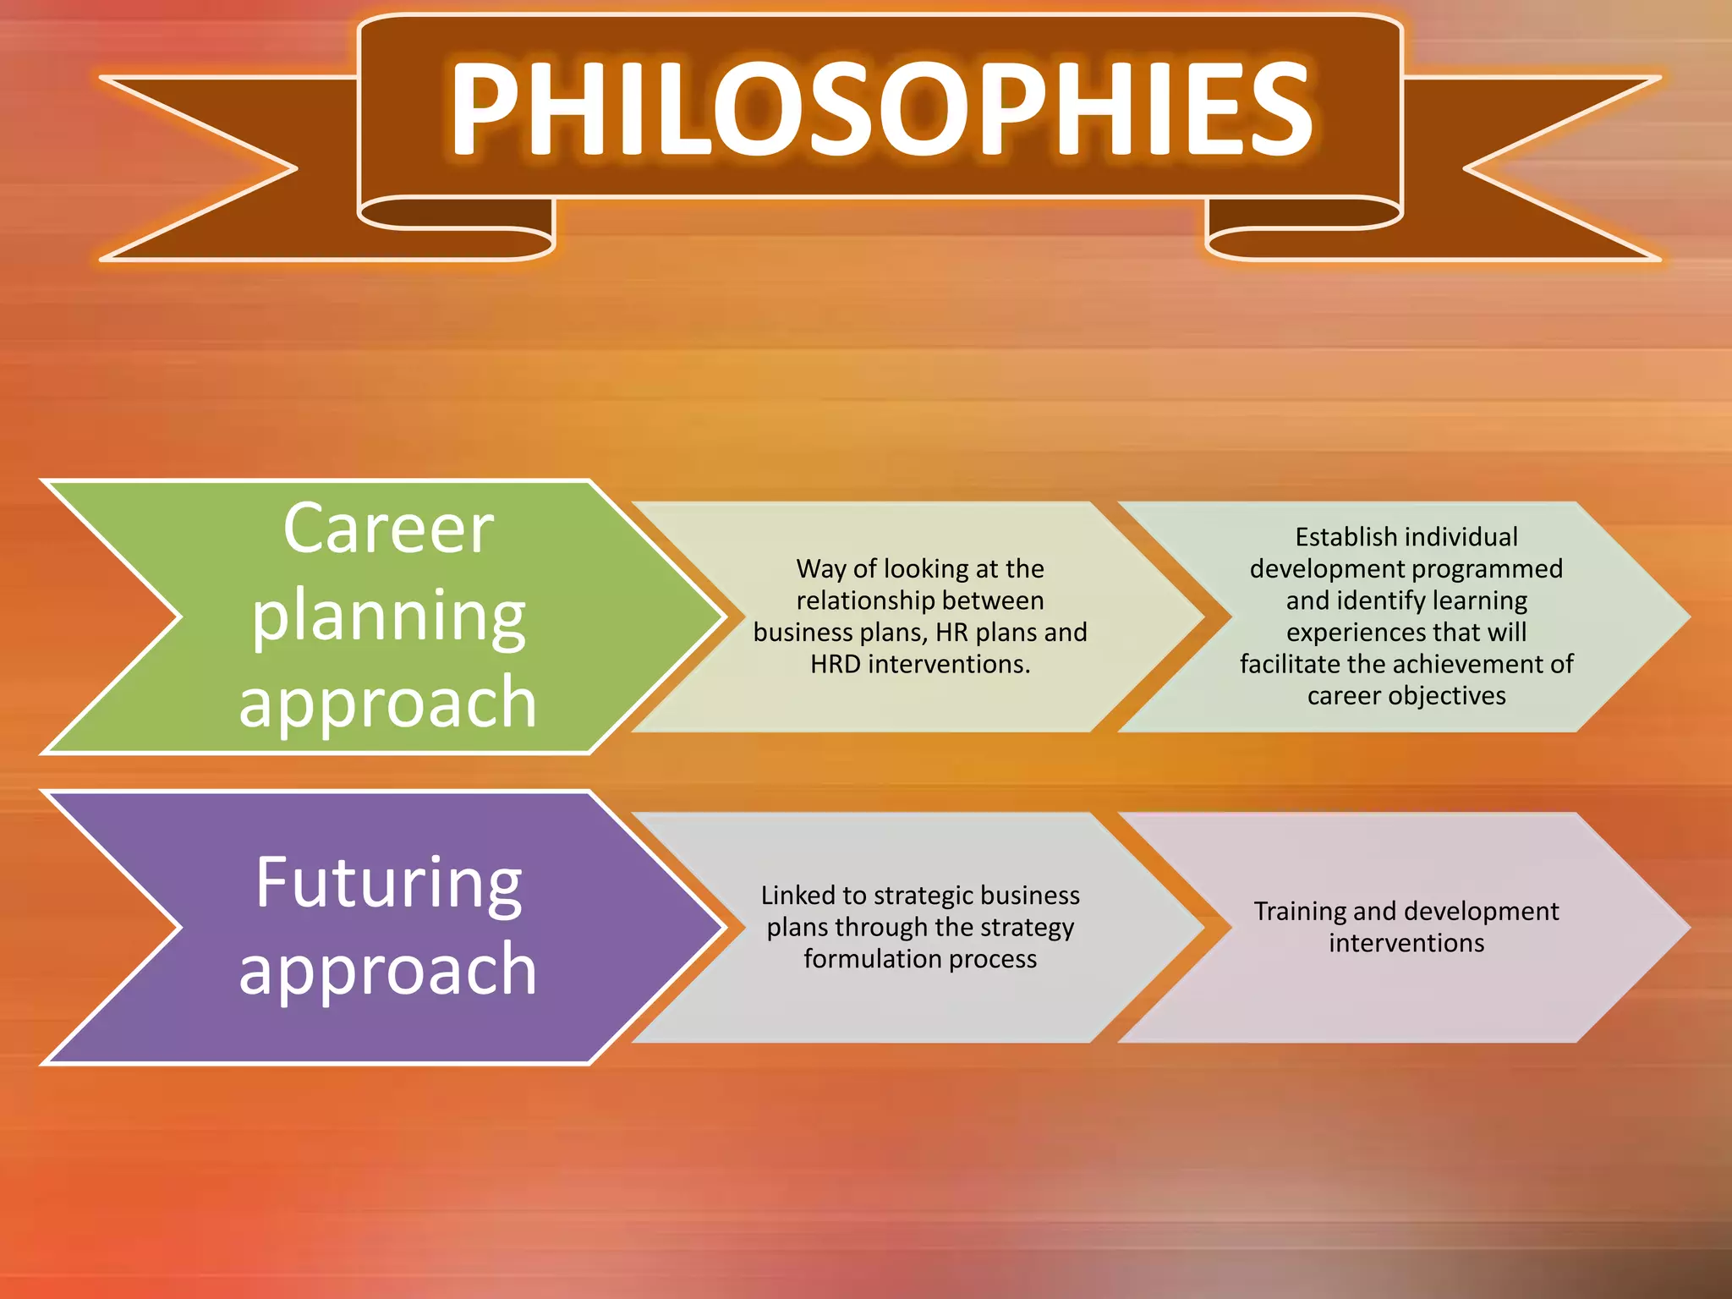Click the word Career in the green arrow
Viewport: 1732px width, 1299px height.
click(x=388, y=529)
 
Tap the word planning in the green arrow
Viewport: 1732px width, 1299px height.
click(x=388, y=617)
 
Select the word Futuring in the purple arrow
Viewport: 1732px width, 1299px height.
click(x=388, y=883)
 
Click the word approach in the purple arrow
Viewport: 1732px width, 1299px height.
click(x=388, y=969)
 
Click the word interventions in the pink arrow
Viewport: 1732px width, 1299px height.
click(x=1406, y=943)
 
